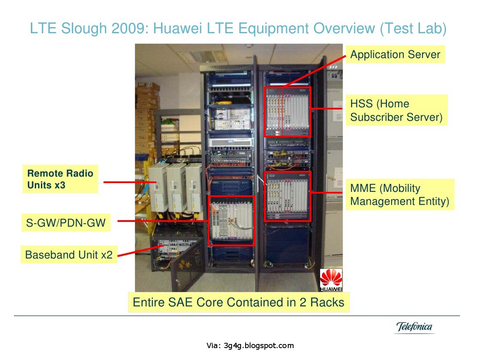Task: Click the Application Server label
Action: [x=395, y=55]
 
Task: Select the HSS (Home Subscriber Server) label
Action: [x=396, y=110]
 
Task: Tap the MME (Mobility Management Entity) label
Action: [x=400, y=195]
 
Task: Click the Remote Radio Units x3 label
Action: [x=60, y=179]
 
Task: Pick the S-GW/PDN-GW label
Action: [x=65, y=223]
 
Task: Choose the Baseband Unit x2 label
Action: [x=68, y=255]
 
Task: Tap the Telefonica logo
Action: [x=414, y=327]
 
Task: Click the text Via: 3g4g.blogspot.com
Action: [x=250, y=346]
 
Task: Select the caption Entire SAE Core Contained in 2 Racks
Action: [x=238, y=303]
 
